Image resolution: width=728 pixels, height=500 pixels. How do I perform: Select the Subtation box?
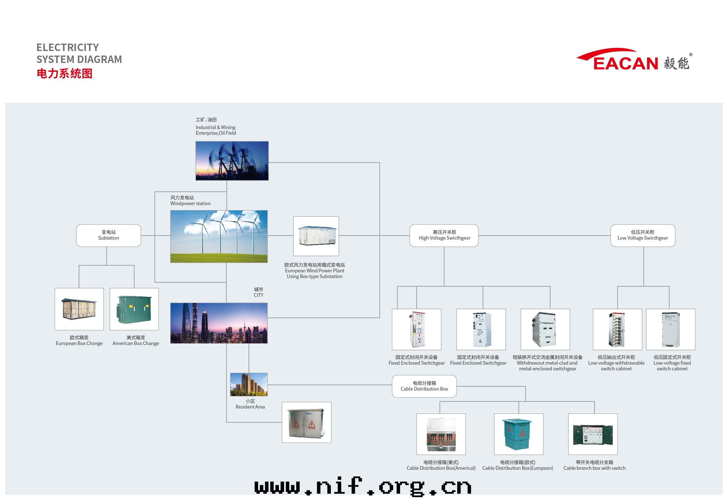tap(108, 235)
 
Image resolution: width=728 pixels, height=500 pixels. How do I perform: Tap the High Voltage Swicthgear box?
tap(444, 235)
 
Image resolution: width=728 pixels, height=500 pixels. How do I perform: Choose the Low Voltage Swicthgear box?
tap(642, 235)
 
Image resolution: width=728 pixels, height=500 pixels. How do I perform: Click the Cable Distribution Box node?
tap(424, 386)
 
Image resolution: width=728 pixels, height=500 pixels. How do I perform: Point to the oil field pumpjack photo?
tap(232, 161)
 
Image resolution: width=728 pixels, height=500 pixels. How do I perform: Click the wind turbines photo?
tap(219, 236)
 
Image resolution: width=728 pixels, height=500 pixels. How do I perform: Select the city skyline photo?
tap(219, 323)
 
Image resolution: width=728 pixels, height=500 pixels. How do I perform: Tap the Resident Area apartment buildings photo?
tap(249, 384)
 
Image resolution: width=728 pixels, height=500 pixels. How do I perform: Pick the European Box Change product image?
tap(79, 309)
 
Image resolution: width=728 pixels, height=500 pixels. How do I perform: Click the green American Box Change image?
tap(134, 309)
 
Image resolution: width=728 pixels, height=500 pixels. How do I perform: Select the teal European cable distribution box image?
tap(518, 434)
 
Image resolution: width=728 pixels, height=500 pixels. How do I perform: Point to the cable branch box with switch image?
tap(593, 434)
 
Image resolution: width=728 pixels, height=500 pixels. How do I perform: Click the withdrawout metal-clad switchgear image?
tap(545, 329)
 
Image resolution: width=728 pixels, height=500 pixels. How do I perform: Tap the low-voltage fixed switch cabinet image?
tap(670, 329)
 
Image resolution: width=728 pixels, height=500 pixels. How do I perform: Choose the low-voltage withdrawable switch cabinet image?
tap(617, 329)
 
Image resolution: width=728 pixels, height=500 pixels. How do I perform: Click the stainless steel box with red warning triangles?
tap(306, 422)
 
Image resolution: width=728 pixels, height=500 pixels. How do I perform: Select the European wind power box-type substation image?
tap(316, 236)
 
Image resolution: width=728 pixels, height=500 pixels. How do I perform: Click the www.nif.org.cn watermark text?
tap(363, 486)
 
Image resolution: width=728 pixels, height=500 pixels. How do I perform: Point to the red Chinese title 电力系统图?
tap(64, 74)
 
